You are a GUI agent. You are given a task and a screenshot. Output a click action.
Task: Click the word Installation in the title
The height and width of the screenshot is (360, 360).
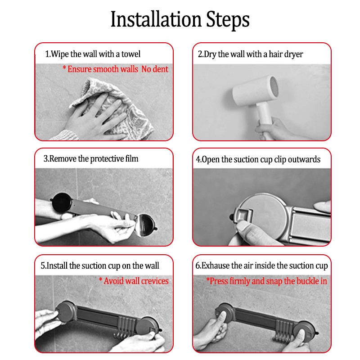[x=156, y=19]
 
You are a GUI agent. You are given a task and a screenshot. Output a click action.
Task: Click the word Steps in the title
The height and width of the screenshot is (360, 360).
[x=228, y=20]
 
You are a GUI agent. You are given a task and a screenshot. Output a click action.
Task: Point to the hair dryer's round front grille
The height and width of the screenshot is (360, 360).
[x=274, y=85]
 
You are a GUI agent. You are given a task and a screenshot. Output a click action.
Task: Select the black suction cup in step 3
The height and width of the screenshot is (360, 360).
[x=61, y=202]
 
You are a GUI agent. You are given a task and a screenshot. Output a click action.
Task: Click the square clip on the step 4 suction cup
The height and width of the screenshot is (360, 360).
[x=243, y=215]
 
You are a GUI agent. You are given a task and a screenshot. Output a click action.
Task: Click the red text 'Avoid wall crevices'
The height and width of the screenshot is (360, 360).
[x=136, y=281]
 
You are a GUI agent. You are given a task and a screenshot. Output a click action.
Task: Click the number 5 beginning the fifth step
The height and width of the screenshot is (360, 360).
[x=43, y=265]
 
